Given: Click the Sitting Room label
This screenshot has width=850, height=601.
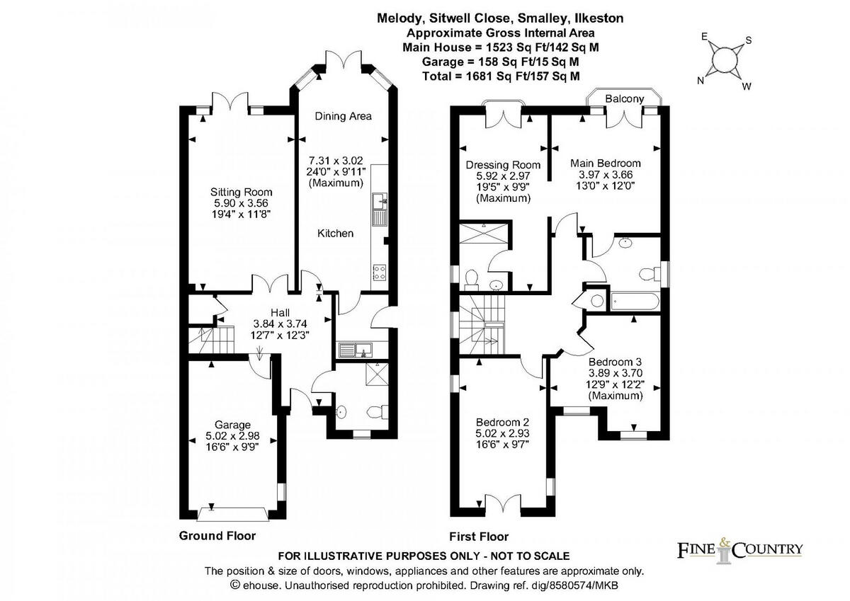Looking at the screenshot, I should point(241,192).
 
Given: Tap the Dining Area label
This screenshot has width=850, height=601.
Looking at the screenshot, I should point(343,116).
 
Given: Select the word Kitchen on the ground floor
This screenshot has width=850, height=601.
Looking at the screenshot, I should point(335,233).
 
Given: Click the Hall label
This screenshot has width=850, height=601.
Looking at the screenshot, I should point(281,312).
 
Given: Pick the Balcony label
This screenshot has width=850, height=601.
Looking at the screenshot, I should point(624,100).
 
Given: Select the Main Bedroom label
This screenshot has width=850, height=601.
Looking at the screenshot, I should point(606,163).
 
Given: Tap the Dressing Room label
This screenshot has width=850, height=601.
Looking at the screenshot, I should point(497,165).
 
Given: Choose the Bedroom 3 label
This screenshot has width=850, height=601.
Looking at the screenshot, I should point(615,361).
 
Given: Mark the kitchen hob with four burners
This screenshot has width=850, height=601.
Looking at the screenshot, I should point(379,270).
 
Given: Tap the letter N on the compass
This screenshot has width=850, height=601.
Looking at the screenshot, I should point(701,80).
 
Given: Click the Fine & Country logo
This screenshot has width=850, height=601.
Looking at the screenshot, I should point(740,549).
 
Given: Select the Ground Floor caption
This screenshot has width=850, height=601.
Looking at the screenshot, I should point(217,535).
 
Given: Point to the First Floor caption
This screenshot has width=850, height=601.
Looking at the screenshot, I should point(479,536).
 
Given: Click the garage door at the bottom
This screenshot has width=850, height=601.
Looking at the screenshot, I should point(234,512).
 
